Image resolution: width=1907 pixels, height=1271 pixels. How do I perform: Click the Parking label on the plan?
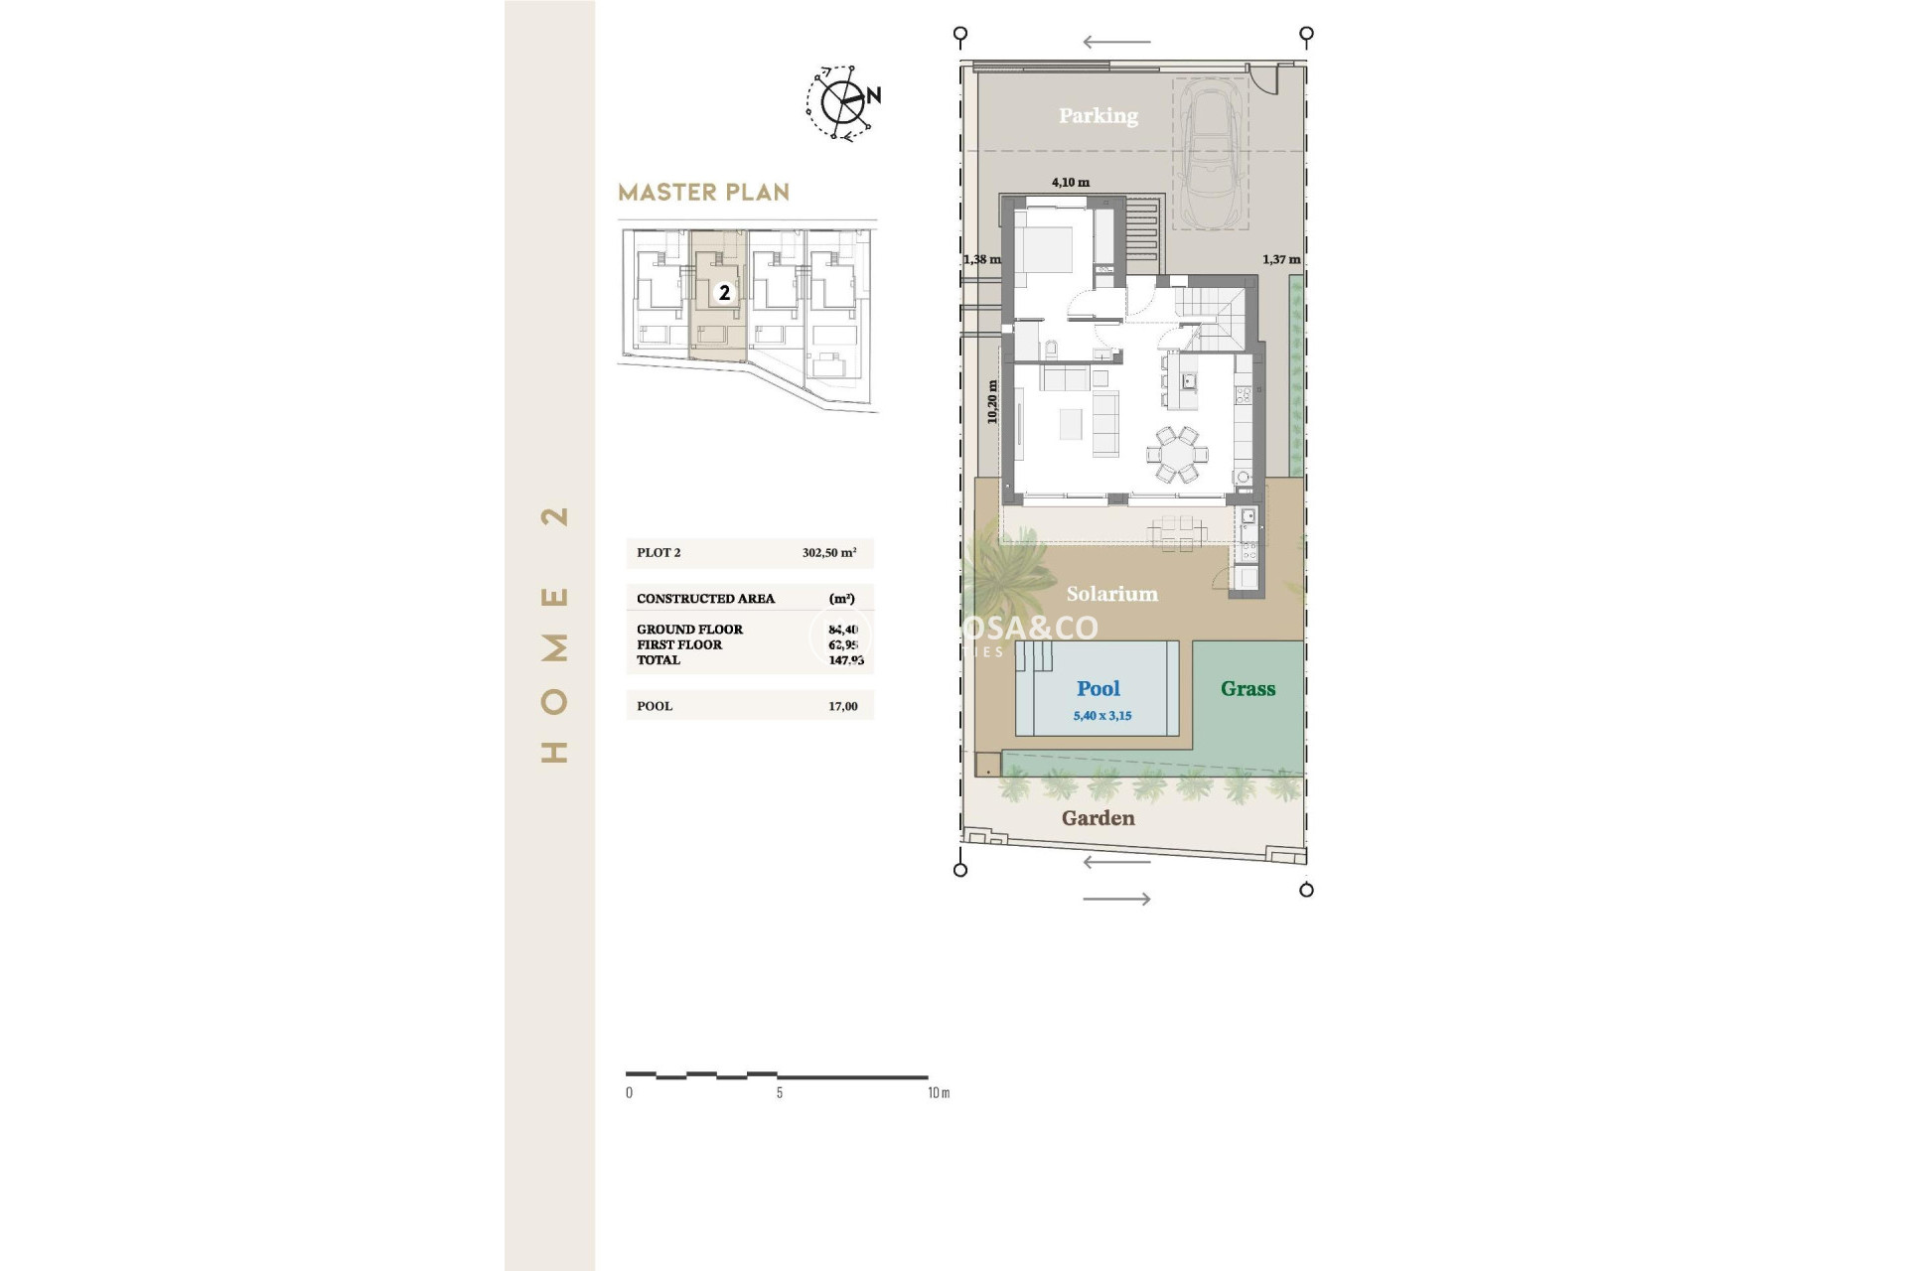(1098, 116)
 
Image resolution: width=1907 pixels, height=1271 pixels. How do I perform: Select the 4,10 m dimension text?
(1070, 183)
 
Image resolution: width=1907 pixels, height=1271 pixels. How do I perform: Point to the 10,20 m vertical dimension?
(992, 402)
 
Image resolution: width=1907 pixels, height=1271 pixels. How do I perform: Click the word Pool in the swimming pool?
(1098, 688)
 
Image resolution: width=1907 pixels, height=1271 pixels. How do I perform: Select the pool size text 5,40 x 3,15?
(1101, 716)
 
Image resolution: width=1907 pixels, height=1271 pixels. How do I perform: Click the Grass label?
(1247, 688)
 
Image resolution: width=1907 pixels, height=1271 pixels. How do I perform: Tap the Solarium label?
(1111, 594)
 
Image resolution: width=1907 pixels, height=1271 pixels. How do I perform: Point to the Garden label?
(1098, 818)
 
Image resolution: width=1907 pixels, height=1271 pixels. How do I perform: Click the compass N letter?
(873, 96)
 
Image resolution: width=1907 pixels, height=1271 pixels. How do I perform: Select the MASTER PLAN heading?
(703, 193)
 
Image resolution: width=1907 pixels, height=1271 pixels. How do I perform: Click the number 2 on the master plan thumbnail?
(725, 293)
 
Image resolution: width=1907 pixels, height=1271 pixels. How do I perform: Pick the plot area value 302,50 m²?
(829, 553)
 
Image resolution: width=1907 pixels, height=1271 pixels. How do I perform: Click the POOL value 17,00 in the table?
(842, 706)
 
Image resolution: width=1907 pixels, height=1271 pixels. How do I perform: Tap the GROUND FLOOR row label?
(689, 630)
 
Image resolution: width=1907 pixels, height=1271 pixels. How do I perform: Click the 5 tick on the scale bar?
(779, 1092)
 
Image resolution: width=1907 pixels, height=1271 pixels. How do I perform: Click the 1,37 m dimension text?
(1280, 259)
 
